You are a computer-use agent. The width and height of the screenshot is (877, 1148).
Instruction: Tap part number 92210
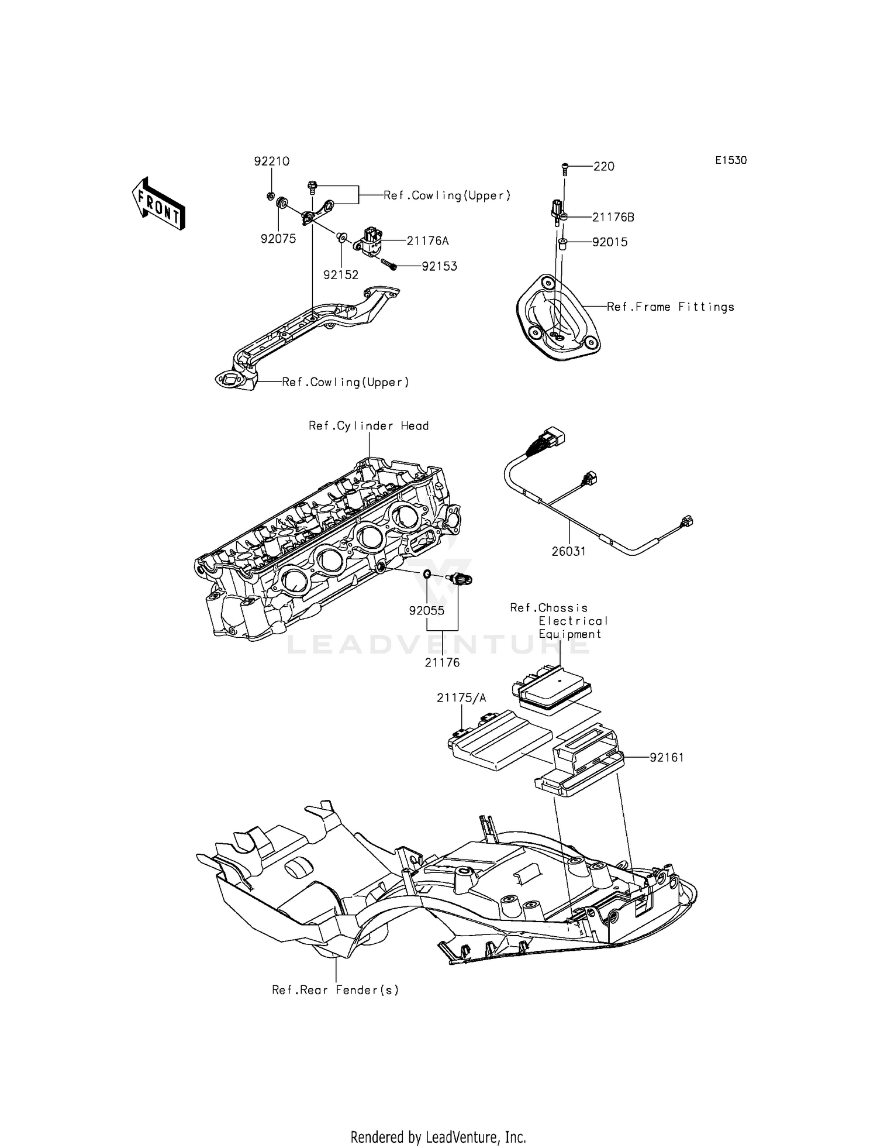tap(271, 161)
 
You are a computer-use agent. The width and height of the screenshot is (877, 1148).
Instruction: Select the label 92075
tap(278, 239)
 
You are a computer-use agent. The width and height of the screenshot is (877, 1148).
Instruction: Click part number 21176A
tap(428, 240)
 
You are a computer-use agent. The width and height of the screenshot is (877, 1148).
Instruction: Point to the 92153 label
tap(440, 266)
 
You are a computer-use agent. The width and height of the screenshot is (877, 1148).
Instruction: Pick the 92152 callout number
tap(341, 275)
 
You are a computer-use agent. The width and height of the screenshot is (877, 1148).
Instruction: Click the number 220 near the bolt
tap(604, 167)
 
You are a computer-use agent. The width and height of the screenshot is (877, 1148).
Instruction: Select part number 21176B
tap(613, 217)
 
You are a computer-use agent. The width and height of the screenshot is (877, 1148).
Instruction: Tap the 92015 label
tap(610, 242)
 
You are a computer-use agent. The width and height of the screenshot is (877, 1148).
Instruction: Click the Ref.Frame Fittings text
tap(670, 307)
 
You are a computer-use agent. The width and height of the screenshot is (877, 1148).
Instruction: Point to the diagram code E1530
tap(731, 160)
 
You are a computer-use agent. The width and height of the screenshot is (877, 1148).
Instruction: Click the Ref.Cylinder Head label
tap(368, 426)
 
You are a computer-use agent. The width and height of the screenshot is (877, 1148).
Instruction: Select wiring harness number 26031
tap(568, 551)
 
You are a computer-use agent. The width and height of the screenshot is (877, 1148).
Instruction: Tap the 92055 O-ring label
tap(427, 611)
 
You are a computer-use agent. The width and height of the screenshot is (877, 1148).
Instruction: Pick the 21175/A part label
tap(461, 698)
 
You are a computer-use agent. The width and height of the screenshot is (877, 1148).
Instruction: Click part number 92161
tap(667, 758)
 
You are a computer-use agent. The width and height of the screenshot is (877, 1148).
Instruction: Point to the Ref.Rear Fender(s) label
tap(335, 990)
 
